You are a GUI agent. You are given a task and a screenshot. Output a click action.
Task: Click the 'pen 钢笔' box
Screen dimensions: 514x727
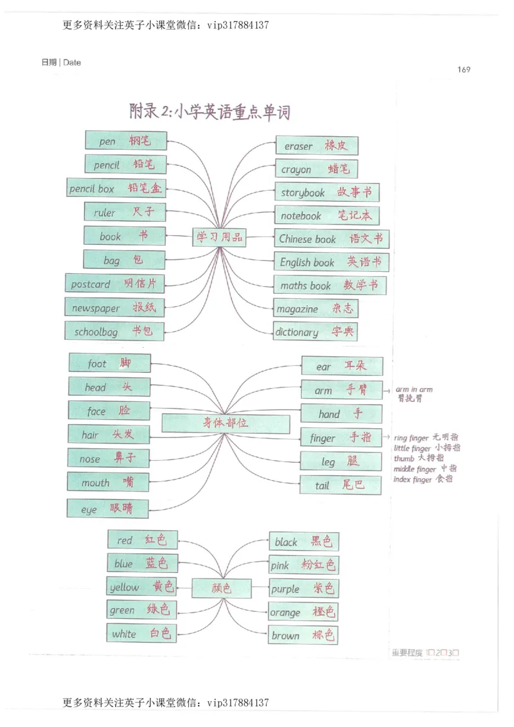[125, 141]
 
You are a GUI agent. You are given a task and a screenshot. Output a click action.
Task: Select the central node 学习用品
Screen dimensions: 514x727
[220, 237]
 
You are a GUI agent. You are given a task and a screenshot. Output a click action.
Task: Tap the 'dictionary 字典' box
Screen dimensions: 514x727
[315, 332]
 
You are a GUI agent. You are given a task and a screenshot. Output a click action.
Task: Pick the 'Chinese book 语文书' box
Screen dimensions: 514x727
[332, 238]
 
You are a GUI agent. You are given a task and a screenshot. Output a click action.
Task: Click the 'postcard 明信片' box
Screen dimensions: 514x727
[114, 283]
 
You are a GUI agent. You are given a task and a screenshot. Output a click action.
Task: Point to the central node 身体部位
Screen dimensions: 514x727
[225, 423]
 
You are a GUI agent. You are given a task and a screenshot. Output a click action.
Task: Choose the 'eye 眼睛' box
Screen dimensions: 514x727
[108, 508]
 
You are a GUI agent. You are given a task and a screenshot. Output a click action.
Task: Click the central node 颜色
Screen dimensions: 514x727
[221, 588]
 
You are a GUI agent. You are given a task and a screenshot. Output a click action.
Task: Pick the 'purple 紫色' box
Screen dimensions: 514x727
[303, 588]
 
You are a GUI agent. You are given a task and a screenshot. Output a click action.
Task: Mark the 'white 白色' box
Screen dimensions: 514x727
[141, 633]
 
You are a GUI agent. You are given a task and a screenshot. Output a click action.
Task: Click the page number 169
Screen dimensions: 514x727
[464, 69]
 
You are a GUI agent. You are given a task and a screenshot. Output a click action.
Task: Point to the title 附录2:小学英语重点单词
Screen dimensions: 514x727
[209, 112]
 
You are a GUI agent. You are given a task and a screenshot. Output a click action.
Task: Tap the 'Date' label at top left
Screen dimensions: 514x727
[71, 62]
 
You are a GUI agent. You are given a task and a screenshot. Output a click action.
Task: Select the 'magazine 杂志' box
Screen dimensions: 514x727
[315, 309]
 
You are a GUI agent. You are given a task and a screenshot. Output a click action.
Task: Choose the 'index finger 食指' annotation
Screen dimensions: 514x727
[423, 480]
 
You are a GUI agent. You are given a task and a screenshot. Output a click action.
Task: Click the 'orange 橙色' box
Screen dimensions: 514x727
[303, 612]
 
